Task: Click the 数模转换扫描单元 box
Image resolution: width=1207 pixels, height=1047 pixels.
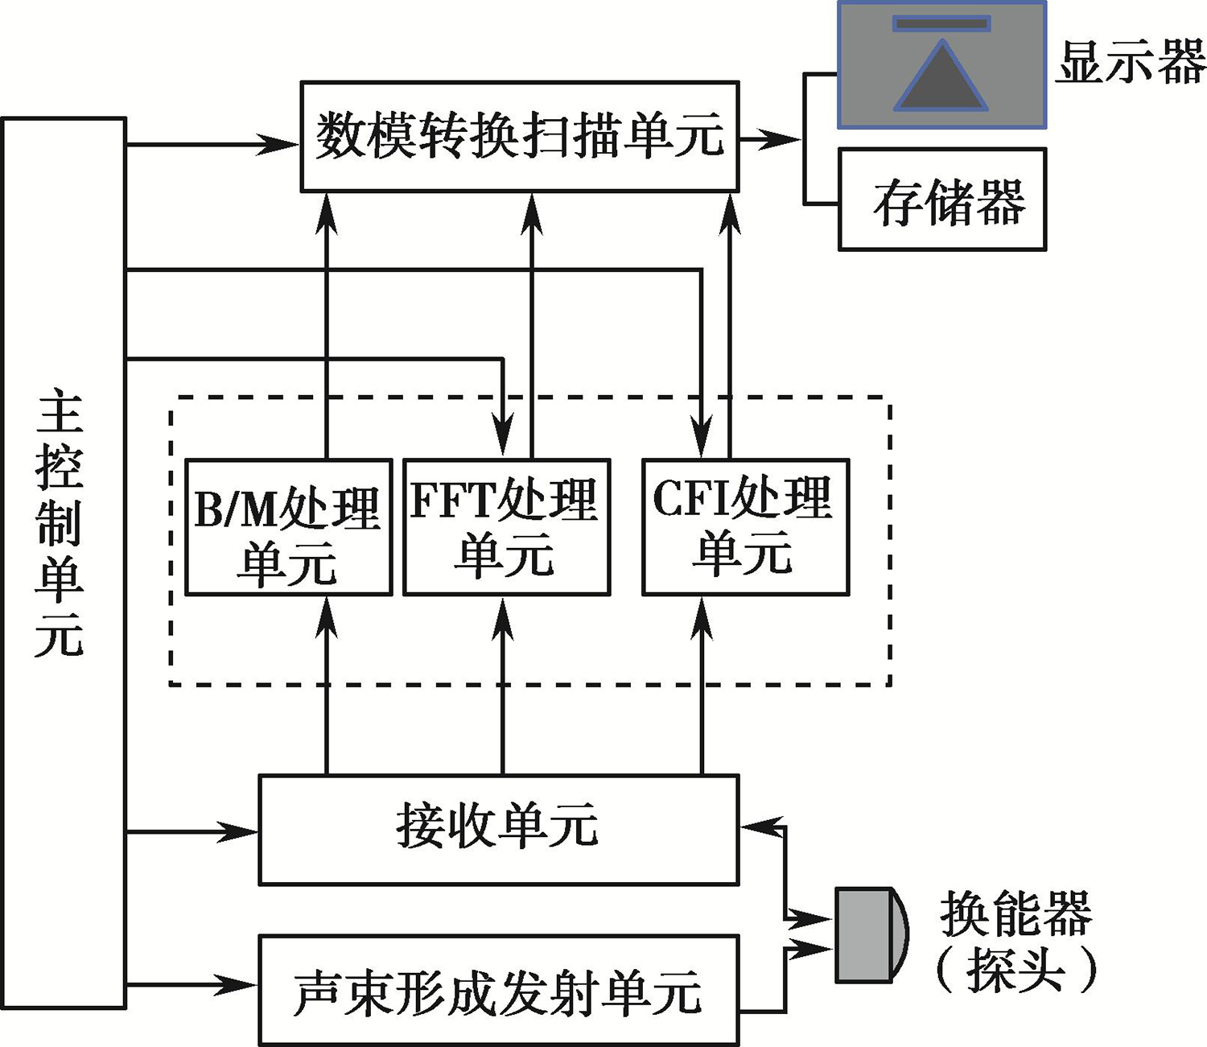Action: [519, 136]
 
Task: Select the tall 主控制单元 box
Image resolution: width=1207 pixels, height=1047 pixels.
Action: [64, 563]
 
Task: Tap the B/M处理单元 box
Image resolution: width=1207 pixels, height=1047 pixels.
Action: [288, 528]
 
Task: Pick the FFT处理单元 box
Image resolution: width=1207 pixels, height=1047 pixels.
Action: [506, 528]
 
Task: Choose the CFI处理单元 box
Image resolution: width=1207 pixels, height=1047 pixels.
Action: [745, 528]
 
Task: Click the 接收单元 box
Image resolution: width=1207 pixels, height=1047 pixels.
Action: [498, 830]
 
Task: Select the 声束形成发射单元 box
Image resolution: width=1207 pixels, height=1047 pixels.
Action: [498, 991]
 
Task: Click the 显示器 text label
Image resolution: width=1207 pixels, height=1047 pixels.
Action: [1130, 63]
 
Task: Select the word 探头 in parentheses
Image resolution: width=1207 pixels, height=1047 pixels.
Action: [1015, 970]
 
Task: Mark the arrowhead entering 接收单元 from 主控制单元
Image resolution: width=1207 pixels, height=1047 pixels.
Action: [240, 831]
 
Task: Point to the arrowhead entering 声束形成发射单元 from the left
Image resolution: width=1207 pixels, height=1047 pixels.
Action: [240, 983]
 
